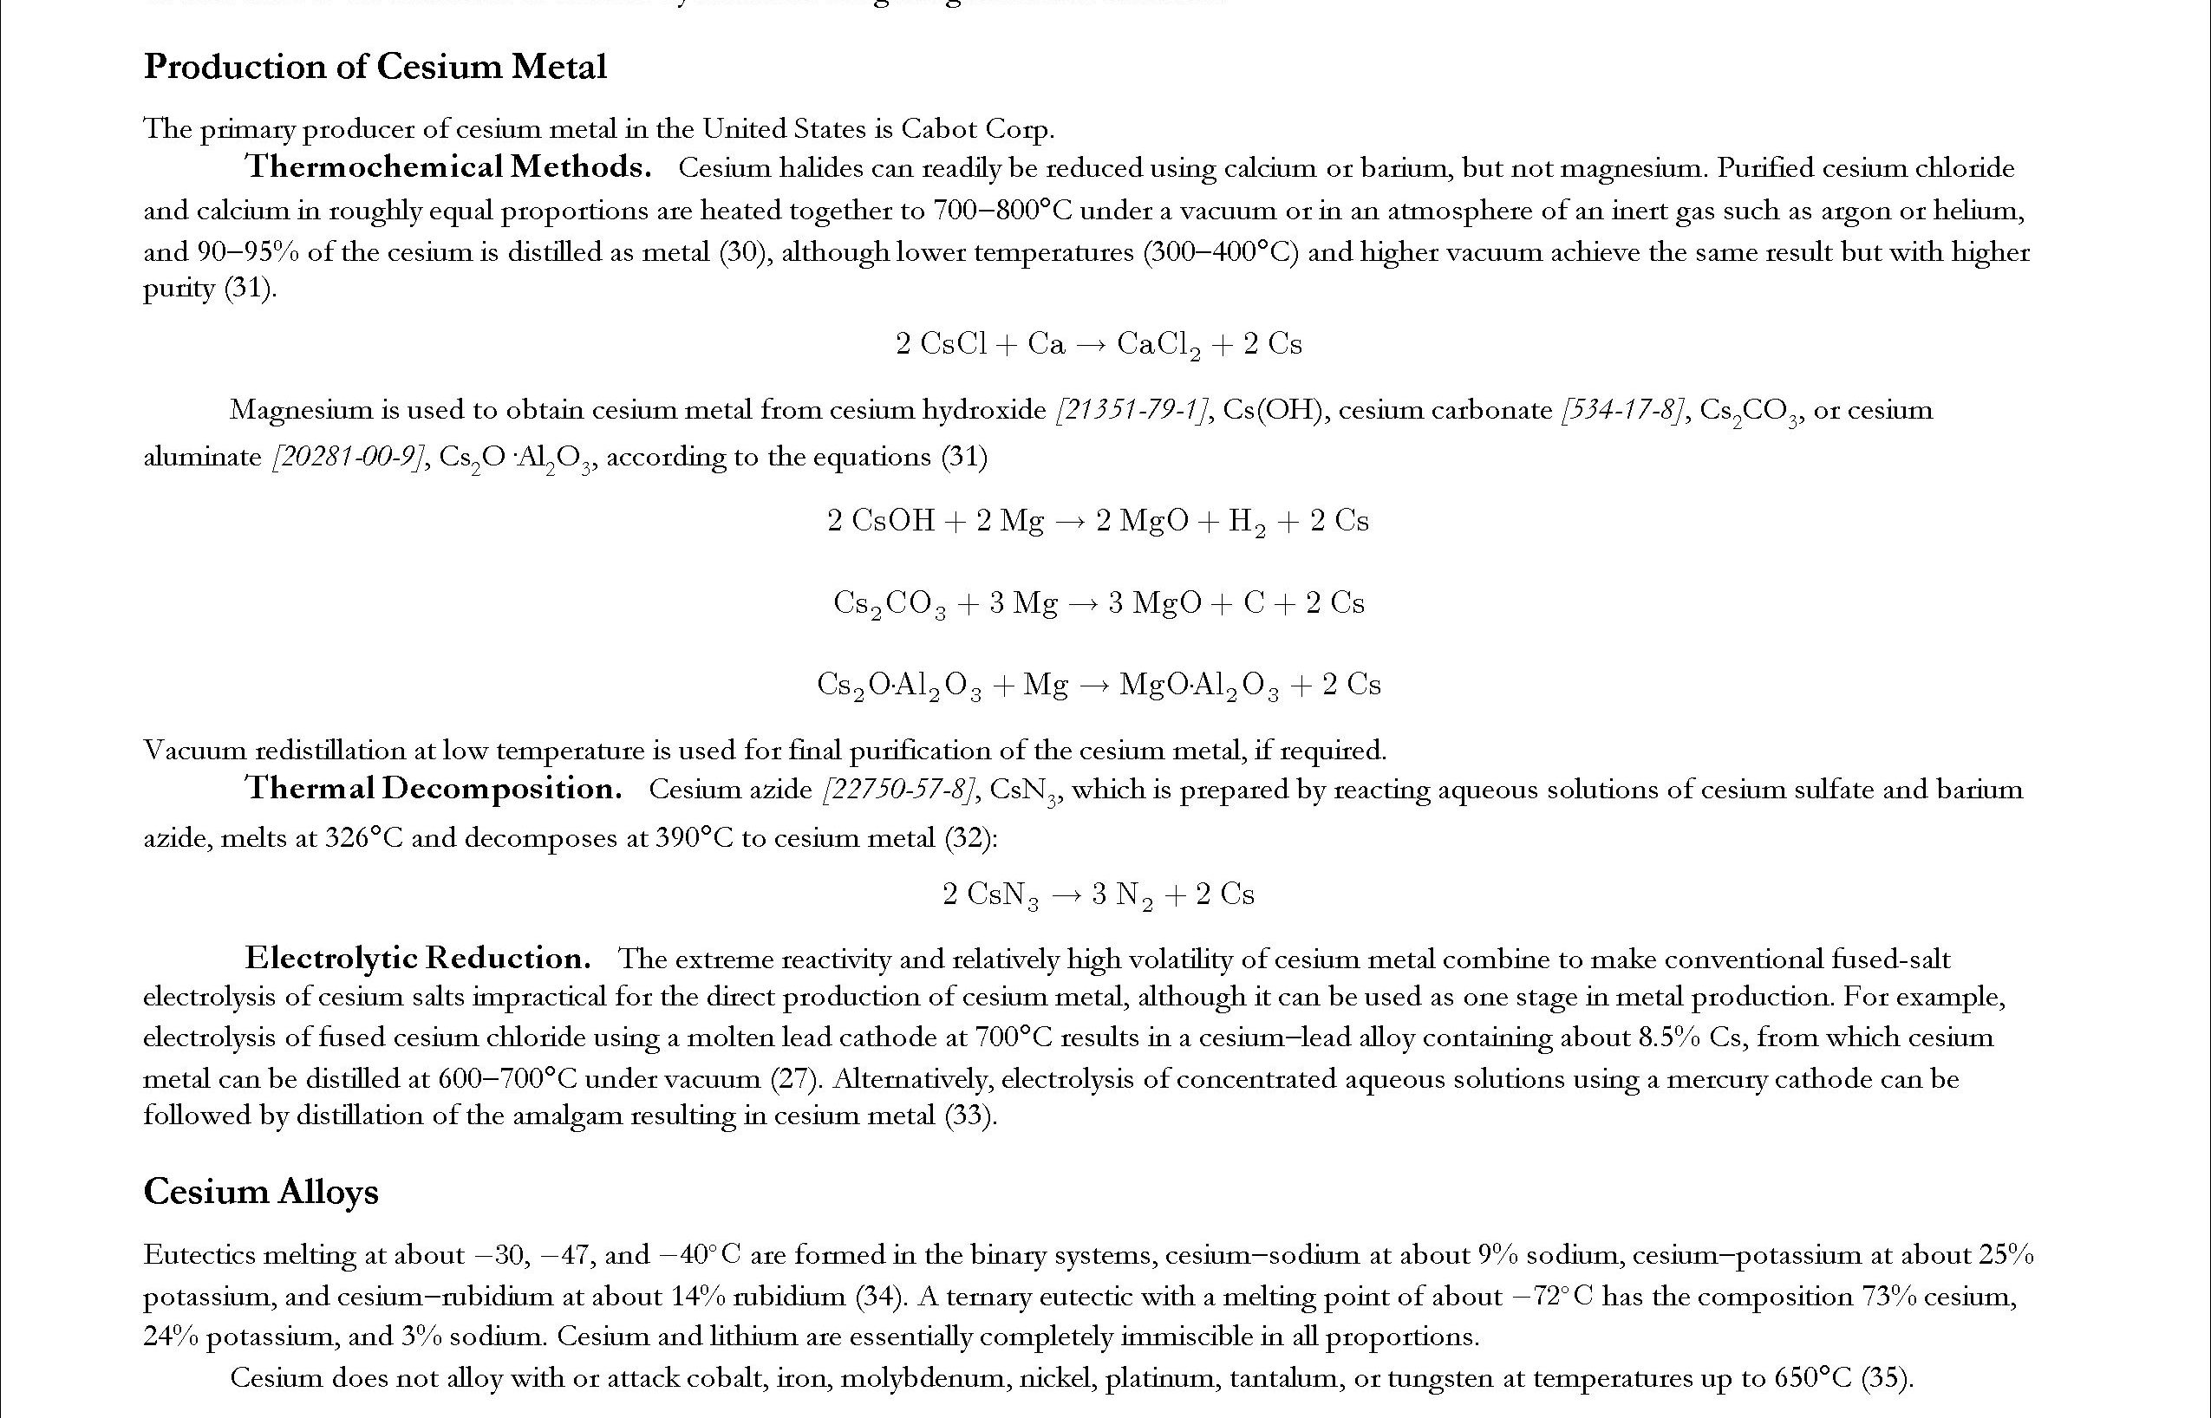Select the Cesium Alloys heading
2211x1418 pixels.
click(261, 1192)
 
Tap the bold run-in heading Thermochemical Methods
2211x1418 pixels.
click(447, 166)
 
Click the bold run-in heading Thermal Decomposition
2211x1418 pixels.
click(433, 788)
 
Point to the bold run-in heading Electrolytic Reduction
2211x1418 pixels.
click(417, 959)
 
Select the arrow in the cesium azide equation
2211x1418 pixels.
click(1066, 895)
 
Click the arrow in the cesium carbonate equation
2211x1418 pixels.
click(1082, 604)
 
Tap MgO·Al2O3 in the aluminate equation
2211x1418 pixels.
click(1199, 686)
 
